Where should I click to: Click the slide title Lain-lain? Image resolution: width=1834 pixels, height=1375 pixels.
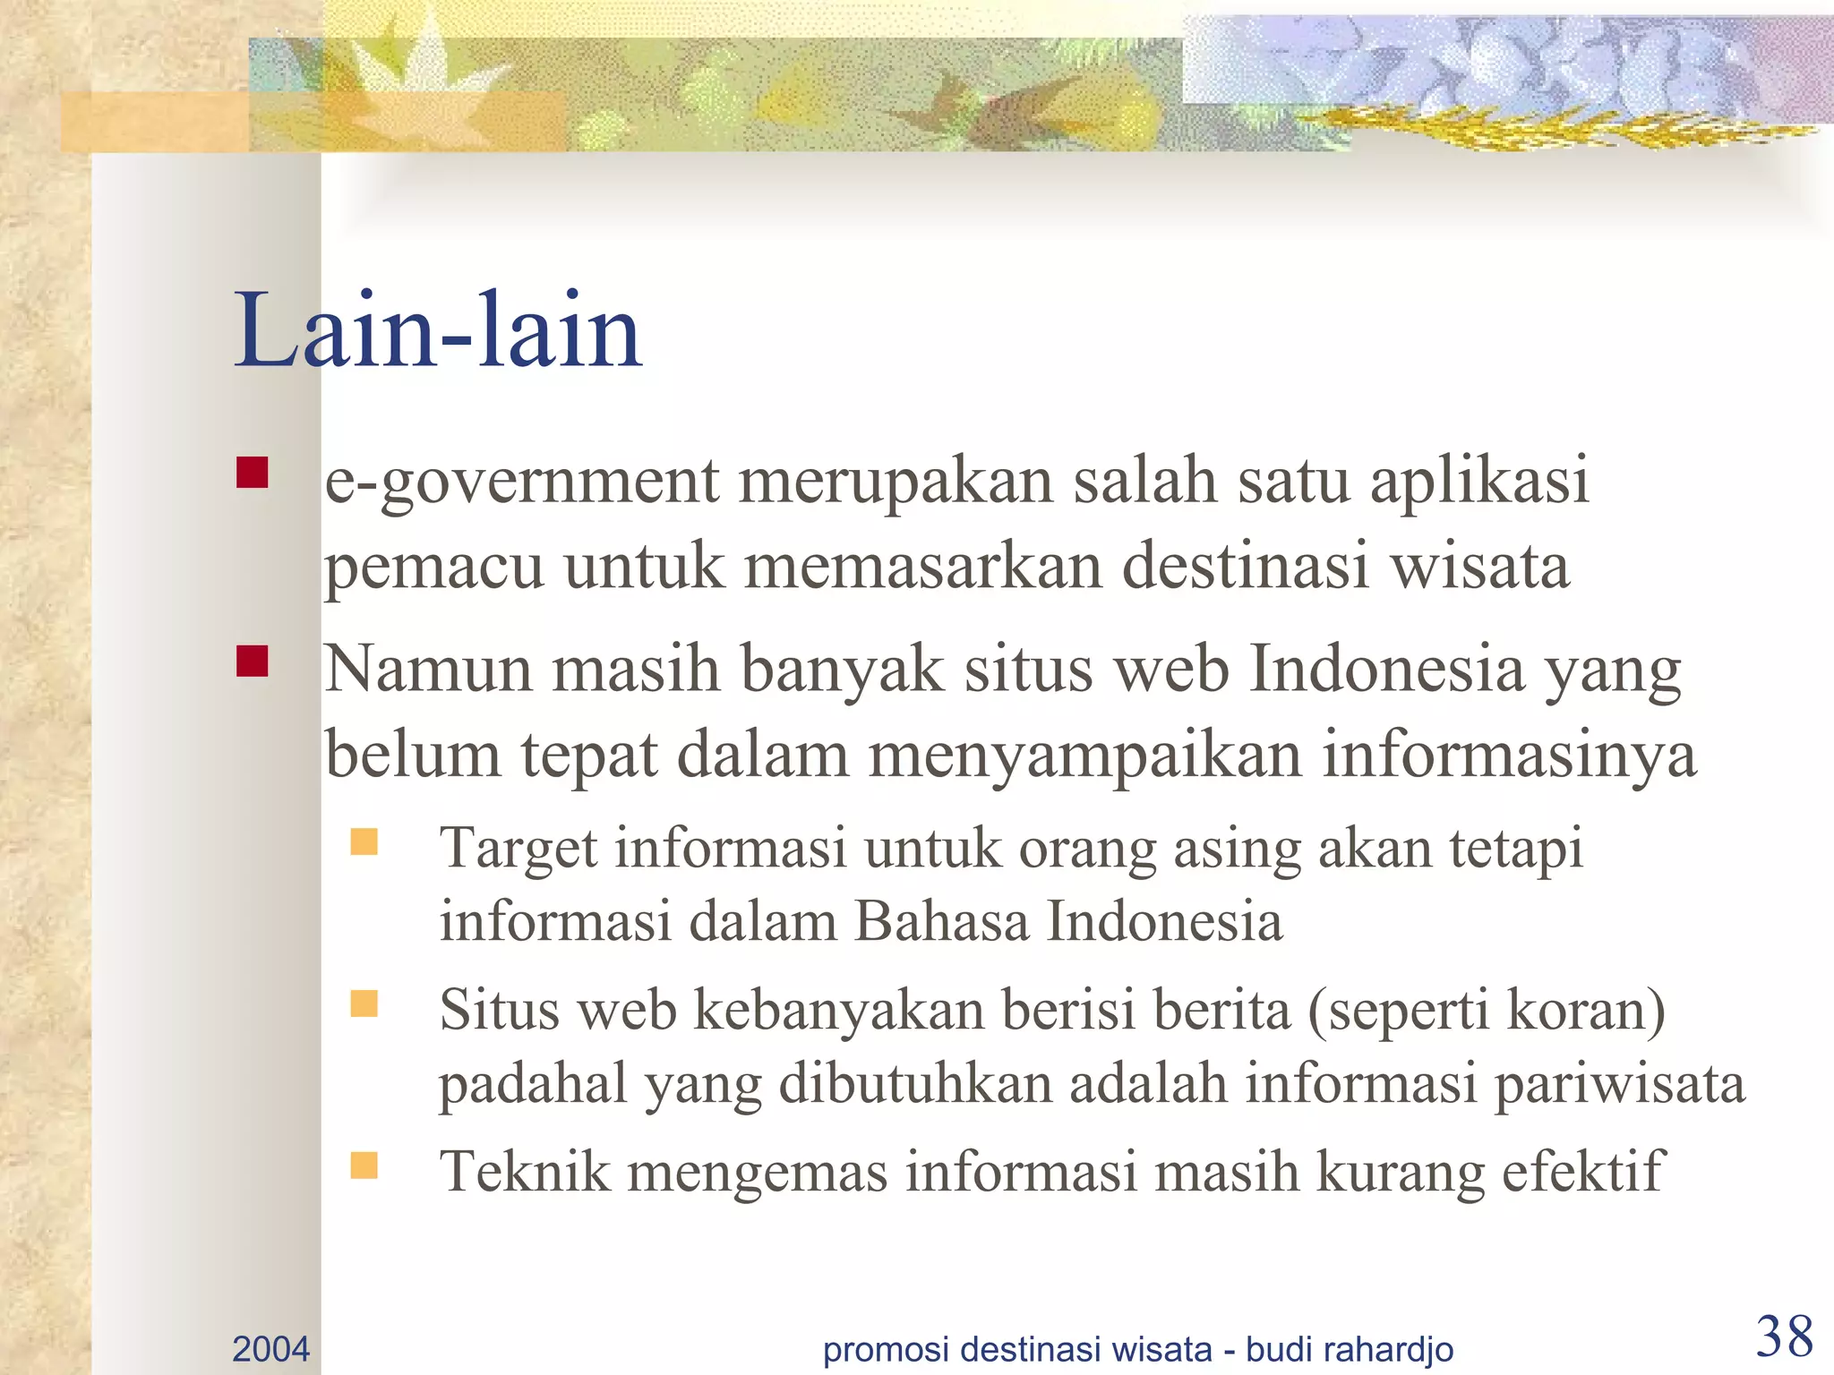438,331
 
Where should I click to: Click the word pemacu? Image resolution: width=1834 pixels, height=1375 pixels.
433,569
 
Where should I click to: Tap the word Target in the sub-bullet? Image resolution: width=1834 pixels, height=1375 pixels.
518,850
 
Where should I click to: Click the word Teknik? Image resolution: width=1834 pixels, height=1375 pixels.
525,1172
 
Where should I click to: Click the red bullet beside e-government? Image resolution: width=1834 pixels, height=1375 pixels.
253,473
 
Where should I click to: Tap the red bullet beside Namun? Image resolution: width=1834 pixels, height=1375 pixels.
253,662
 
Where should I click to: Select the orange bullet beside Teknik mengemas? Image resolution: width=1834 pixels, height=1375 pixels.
364,1165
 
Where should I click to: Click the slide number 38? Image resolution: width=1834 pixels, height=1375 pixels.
1784,1337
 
